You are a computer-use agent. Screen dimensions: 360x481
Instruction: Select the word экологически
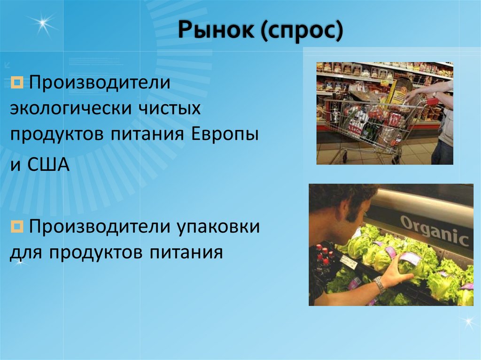(x=70, y=110)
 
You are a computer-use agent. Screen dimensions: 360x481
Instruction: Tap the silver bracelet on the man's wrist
(x=379, y=284)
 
